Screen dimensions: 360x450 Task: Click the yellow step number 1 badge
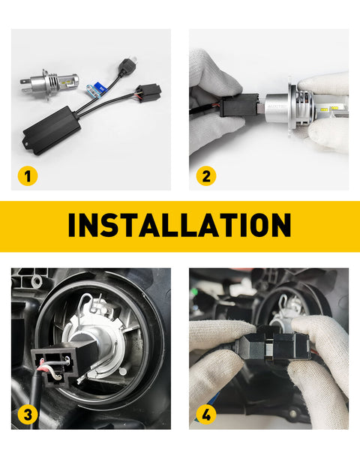click(x=28, y=176)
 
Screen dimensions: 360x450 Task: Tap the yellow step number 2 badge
click(x=206, y=176)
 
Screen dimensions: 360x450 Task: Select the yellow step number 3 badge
click(x=28, y=415)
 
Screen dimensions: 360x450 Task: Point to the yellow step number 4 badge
click(x=206, y=415)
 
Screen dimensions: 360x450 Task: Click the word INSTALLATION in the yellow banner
click(x=180, y=225)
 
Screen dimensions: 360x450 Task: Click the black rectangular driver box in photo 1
click(x=52, y=130)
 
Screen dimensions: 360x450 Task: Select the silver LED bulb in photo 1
click(x=49, y=82)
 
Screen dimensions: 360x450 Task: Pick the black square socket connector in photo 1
click(x=148, y=93)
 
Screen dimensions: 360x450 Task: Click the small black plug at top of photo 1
click(x=127, y=65)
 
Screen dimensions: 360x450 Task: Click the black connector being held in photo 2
click(x=238, y=105)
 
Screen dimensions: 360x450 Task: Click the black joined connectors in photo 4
click(x=273, y=343)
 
